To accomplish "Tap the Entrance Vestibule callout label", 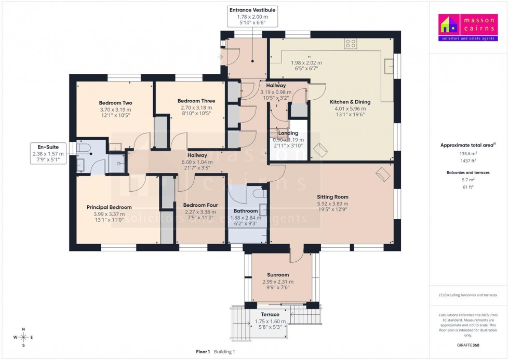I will [x=252, y=10].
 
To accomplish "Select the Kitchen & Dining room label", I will [x=350, y=102].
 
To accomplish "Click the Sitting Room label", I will [x=333, y=197].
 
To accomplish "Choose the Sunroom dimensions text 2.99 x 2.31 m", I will [x=278, y=282].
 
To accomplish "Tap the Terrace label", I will [x=270, y=314].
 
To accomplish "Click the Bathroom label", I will [x=246, y=211].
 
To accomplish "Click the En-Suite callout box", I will [x=47, y=153].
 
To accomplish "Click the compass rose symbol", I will [x=23, y=337].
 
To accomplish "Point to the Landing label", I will [x=288, y=134].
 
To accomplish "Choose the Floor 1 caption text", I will [x=203, y=352].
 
